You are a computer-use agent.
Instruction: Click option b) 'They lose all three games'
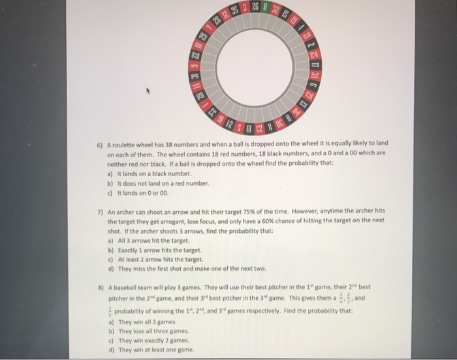142,331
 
